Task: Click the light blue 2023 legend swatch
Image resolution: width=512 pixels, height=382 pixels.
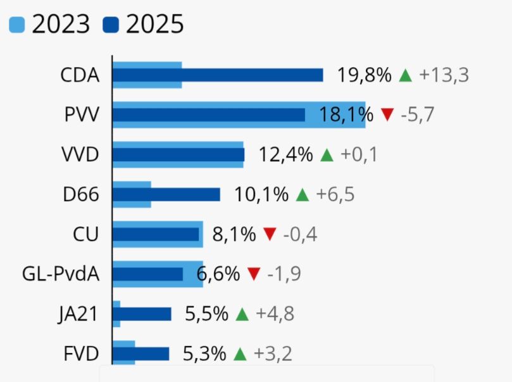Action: [16, 25]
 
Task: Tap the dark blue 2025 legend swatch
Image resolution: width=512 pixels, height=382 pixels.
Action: [111, 25]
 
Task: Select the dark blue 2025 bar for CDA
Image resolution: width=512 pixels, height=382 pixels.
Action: [218, 75]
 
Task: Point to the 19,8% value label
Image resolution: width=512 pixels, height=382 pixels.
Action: [364, 75]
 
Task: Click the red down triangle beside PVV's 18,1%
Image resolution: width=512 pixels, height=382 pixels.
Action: [387, 115]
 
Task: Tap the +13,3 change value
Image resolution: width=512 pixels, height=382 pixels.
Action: [444, 75]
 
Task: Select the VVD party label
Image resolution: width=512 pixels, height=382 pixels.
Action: [80, 154]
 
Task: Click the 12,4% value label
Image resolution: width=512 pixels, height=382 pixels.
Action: [286, 154]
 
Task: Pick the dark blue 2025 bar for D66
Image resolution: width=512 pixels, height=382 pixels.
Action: [166, 194]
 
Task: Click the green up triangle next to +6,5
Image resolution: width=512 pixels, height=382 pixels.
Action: [303, 195]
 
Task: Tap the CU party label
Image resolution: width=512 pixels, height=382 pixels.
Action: [86, 234]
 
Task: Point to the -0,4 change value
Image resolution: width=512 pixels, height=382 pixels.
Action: [300, 235]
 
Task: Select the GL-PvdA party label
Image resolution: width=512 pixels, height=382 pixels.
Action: [61, 274]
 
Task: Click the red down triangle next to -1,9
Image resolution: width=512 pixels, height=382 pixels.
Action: [254, 274]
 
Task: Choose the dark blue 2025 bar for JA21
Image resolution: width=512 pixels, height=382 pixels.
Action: [142, 314]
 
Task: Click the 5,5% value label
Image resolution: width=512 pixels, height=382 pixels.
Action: [206, 314]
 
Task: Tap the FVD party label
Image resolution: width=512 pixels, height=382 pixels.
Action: [82, 354]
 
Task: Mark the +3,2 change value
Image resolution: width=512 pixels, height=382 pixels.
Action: [273, 354]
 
